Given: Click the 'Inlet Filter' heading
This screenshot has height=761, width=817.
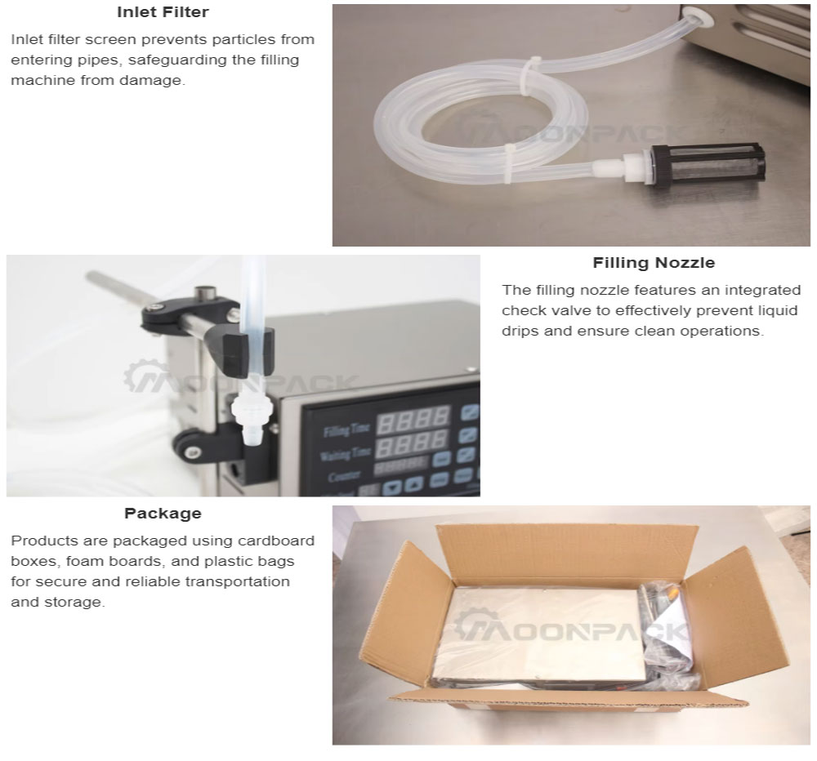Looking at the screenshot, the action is click(x=163, y=12).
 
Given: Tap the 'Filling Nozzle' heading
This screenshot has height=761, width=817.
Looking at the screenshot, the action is click(x=654, y=263).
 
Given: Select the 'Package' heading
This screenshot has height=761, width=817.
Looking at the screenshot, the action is click(x=163, y=514).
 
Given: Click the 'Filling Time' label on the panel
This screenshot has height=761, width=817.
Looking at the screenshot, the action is click(x=346, y=429).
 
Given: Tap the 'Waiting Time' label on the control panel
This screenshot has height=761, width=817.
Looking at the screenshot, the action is click(x=344, y=454).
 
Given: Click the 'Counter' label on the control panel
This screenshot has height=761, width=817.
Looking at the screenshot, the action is click(x=344, y=475).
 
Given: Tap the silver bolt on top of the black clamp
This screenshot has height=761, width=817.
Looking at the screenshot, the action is click(x=205, y=293).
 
